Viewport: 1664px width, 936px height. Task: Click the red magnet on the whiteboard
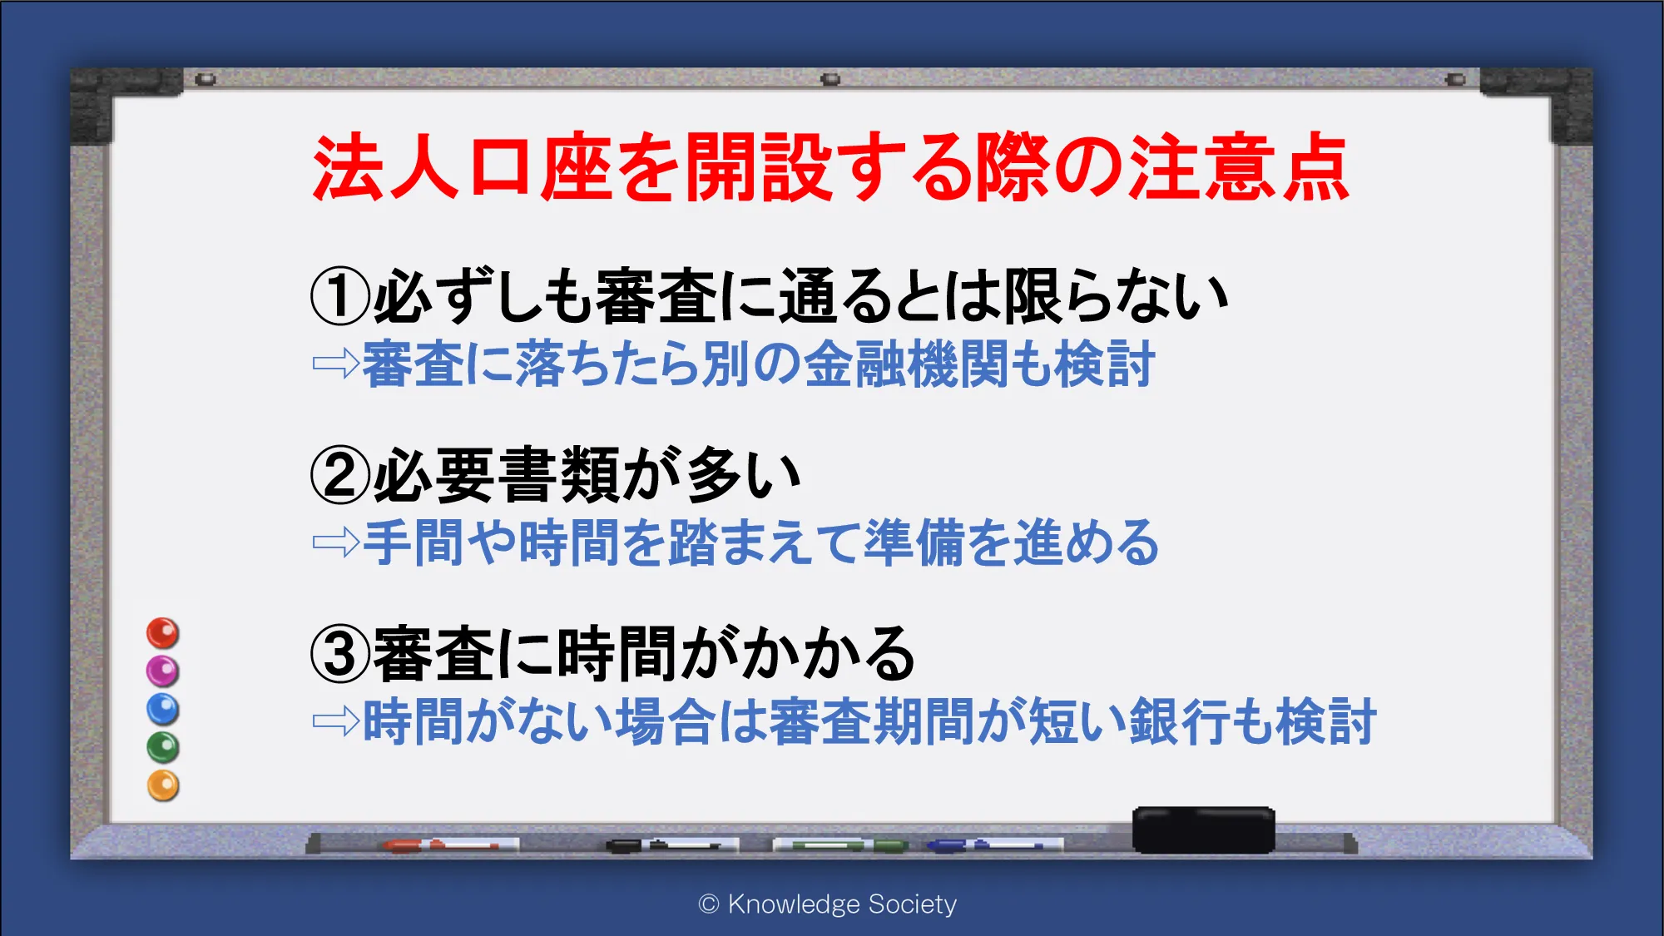163,633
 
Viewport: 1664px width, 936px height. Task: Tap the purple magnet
163,671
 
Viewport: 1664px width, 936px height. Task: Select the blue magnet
163,710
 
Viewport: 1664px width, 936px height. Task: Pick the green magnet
163,748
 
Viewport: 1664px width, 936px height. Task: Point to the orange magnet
163,786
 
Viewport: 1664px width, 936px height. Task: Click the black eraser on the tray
1203,830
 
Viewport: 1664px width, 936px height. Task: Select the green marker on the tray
840,845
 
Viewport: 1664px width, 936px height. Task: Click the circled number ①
340,296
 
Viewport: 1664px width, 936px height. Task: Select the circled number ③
340,653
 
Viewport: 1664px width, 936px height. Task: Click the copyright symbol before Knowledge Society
709,904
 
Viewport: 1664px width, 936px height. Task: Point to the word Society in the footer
912,904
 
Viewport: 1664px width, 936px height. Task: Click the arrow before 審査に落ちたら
336,364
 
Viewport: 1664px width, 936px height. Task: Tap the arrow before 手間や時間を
336,542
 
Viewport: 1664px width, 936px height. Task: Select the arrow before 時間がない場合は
336,721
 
